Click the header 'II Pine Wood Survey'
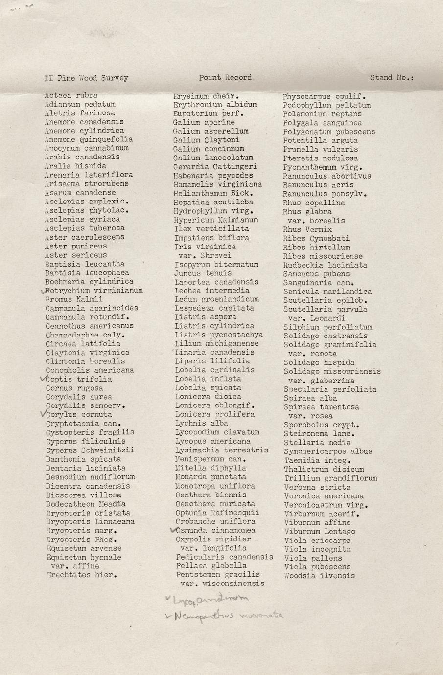pos(86,78)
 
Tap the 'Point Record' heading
pos(225,77)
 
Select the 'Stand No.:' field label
pos(392,77)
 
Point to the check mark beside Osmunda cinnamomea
pos(172,529)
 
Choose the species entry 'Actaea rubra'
pos(71,95)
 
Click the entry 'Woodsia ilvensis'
pos(319,576)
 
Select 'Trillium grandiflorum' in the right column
pos(330,478)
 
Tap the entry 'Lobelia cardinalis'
pos(214,370)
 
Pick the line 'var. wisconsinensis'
pos(222,583)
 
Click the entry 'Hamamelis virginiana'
pos(217,184)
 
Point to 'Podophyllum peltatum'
pos(326,105)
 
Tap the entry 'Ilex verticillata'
pos(211,228)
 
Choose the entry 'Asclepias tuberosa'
pos(85,228)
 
